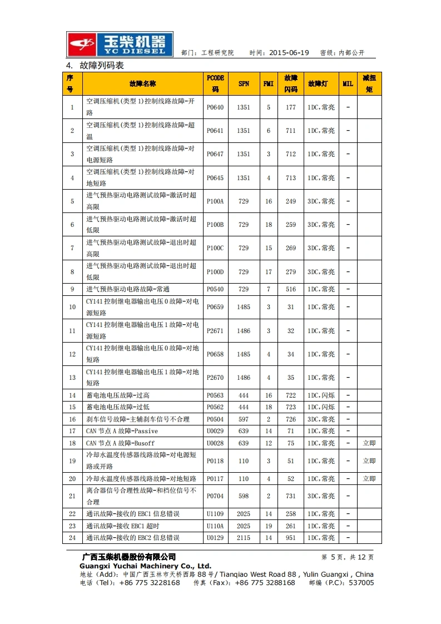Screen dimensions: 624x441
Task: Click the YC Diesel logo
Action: [x=120, y=44]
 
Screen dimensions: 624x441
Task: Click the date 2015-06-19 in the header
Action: [x=289, y=53]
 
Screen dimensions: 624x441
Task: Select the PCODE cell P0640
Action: [x=215, y=107]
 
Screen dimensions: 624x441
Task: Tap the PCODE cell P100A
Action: [x=215, y=201]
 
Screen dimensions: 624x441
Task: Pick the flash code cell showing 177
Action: [x=291, y=107]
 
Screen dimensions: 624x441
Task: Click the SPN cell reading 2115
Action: [x=244, y=538]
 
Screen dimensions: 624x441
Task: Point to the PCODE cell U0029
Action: [x=215, y=431]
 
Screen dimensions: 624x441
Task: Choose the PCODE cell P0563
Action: [x=215, y=395]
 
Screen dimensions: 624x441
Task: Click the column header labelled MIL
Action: [x=348, y=84]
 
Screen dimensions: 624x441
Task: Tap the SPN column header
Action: [x=244, y=84]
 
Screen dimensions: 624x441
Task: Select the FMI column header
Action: [x=269, y=84]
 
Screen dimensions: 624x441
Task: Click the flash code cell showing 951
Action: [x=291, y=538]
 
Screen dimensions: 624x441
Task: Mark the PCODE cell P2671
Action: [x=215, y=331]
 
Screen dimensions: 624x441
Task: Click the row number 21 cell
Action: [x=72, y=496]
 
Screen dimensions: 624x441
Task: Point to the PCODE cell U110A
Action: [x=215, y=526]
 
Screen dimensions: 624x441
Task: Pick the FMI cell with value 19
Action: [x=269, y=526]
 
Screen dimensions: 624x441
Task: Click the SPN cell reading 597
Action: [x=244, y=419]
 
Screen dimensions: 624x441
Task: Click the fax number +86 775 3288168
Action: [x=265, y=583]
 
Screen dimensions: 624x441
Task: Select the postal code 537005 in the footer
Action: [x=361, y=583]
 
